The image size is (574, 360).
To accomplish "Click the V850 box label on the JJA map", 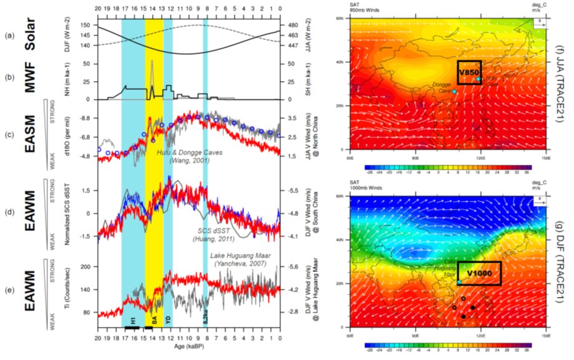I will coord(469,73).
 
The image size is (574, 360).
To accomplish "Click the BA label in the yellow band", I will coord(153,319).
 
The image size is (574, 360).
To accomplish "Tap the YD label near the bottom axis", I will coord(167,319).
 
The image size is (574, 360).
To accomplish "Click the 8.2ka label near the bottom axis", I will coord(205,318).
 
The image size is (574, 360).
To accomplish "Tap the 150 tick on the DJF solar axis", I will coord(85,26).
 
